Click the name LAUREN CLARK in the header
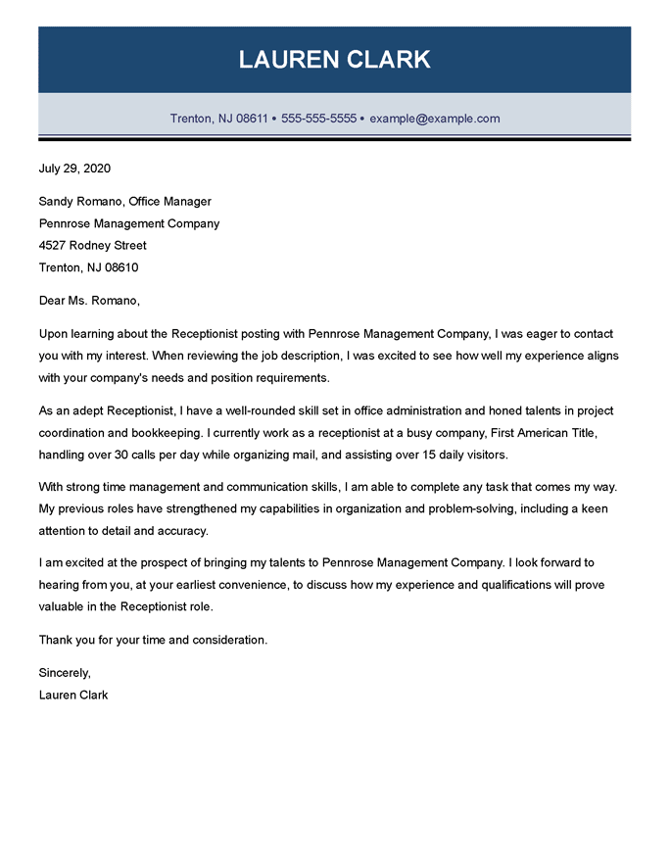(x=335, y=60)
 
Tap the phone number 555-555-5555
(x=318, y=119)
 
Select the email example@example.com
(x=435, y=119)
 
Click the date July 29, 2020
(x=74, y=168)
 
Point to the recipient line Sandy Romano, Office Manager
(x=124, y=202)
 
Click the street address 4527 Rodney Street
(x=92, y=245)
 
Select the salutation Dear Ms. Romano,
(x=89, y=300)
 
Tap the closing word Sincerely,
(x=65, y=673)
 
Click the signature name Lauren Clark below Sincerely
(x=73, y=695)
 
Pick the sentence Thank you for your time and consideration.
(x=153, y=640)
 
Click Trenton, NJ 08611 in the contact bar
(x=218, y=119)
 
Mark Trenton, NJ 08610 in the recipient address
(x=88, y=267)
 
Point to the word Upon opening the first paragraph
(x=54, y=333)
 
